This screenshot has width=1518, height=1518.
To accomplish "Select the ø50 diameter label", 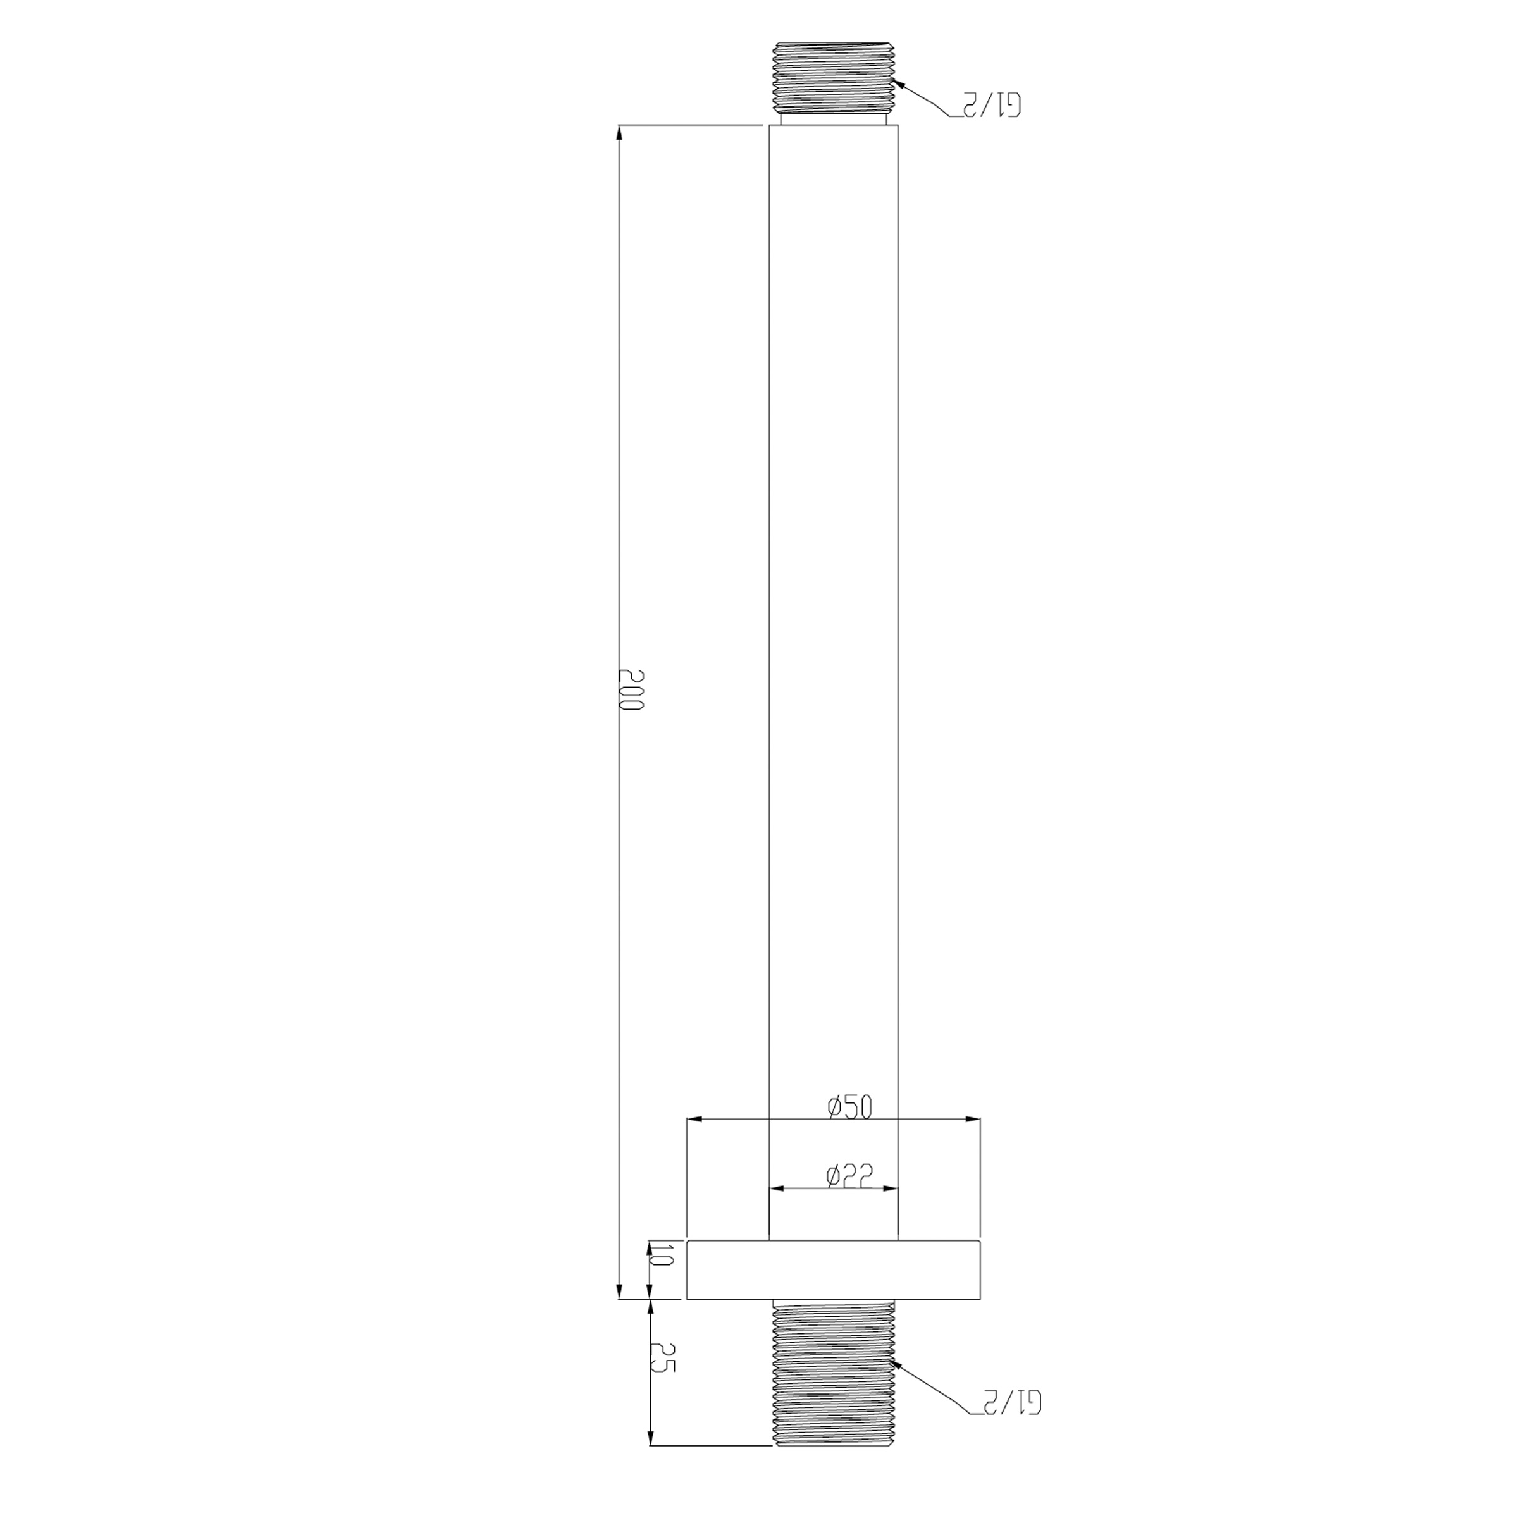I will pyautogui.click(x=850, y=1107).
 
